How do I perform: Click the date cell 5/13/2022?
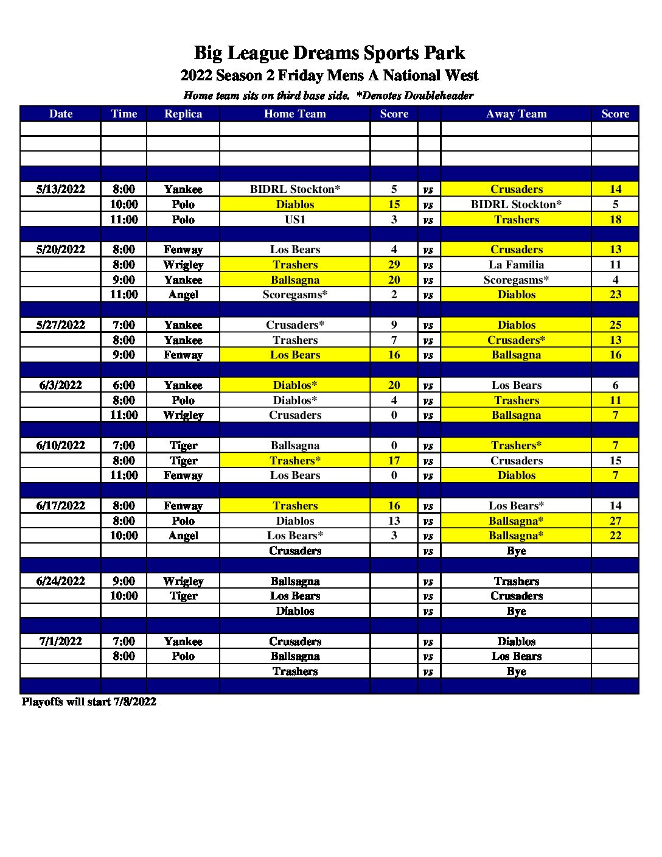(60, 189)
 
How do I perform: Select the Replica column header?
(183, 114)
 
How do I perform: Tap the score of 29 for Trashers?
(394, 265)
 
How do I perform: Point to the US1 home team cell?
(295, 220)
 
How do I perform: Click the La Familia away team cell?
(516, 265)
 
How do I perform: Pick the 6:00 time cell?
(124, 385)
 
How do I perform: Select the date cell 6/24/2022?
(60, 581)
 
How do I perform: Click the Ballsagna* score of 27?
(615, 521)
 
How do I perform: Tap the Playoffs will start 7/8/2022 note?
(89, 702)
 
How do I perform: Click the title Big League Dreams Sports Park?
(329, 53)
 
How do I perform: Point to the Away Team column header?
(516, 114)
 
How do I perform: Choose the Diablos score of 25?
(615, 325)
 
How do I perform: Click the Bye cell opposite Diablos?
(516, 611)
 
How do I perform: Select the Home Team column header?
(295, 114)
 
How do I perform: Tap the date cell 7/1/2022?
(60, 642)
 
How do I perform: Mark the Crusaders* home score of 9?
(394, 325)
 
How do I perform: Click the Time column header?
(124, 114)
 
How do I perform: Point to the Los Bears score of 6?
(615, 385)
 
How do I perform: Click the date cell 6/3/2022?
(60, 385)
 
